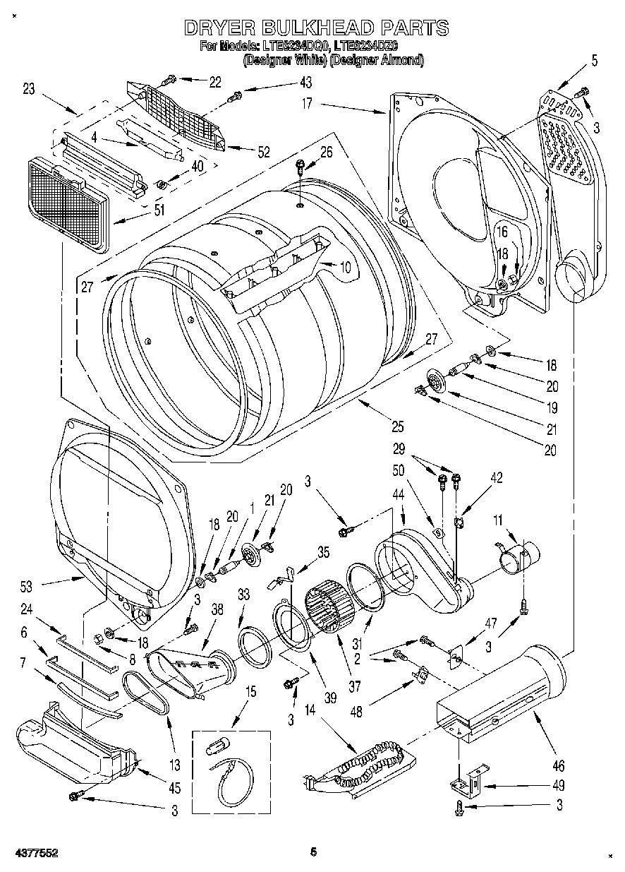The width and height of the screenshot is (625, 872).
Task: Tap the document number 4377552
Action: tap(33, 853)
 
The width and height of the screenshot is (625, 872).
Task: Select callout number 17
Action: tap(307, 102)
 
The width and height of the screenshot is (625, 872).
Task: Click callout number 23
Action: tap(29, 89)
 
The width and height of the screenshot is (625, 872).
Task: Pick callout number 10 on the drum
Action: tap(346, 267)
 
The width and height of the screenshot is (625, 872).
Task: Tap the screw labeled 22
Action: tap(170, 80)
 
